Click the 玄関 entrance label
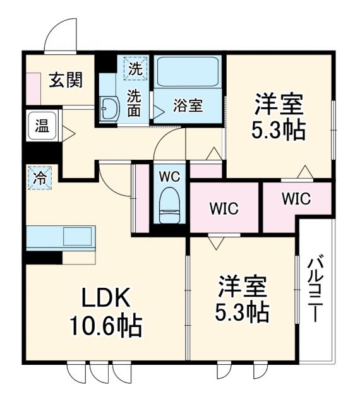[66, 81]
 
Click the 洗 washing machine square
[136, 68]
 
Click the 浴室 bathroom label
[188, 105]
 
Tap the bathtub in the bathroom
[188, 72]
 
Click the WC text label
[169, 177]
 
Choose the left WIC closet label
[224, 209]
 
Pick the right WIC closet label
[296, 199]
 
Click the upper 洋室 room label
[279, 102]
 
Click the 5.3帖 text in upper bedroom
[279, 129]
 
